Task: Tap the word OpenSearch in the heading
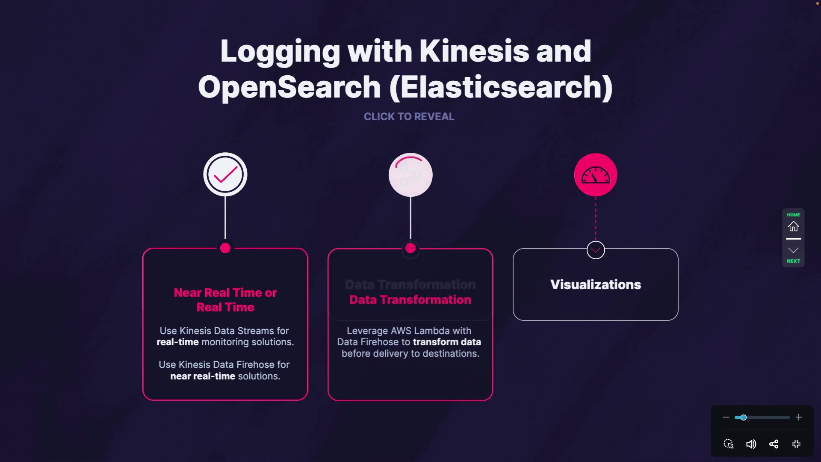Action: [x=289, y=87]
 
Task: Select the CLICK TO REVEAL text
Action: [x=409, y=116]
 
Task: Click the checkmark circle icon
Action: [x=225, y=175]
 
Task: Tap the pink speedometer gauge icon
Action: [x=596, y=175]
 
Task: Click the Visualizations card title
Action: [x=596, y=284]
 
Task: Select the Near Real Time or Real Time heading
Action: [x=225, y=300]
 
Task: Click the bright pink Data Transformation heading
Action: [x=410, y=300]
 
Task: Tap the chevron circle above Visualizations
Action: [x=596, y=250]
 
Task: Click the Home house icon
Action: [x=794, y=226]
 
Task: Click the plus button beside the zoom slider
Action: [x=799, y=417]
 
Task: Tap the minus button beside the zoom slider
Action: [x=726, y=417]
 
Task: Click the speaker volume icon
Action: [x=751, y=444]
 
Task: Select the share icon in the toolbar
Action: [x=774, y=444]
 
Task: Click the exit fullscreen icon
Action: [x=796, y=444]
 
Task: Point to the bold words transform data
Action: [x=447, y=342]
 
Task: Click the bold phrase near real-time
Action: [x=203, y=376]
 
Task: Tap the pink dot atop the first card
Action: [x=225, y=248]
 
